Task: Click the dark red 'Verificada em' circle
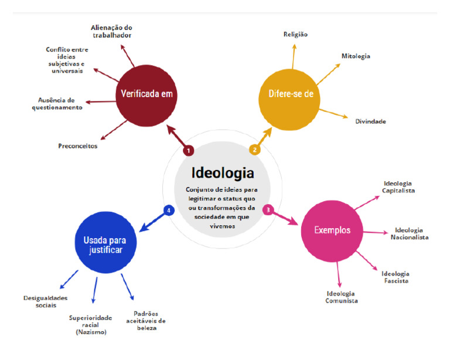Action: (146, 96)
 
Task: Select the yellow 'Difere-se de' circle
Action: (289, 100)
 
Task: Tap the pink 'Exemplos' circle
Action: (332, 231)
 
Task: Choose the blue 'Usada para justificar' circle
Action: (105, 243)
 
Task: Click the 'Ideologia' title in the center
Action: (223, 173)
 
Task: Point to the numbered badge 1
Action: (189, 151)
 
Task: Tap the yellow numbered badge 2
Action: (254, 150)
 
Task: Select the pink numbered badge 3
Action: (268, 210)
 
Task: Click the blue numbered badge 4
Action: (169, 210)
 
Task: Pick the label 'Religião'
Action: (295, 34)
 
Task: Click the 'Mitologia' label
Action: (356, 56)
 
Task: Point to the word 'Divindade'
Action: (370, 121)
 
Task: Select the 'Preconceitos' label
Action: (78, 146)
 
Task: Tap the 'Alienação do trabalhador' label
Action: (112, 32)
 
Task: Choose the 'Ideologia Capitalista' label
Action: (398, 187)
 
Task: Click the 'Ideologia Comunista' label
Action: (341, 297)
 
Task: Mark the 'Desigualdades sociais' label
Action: (45, 302)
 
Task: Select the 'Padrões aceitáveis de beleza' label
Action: (146, 321)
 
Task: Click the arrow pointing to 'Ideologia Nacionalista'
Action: (376, 232)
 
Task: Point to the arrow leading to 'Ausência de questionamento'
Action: (101, 102)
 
